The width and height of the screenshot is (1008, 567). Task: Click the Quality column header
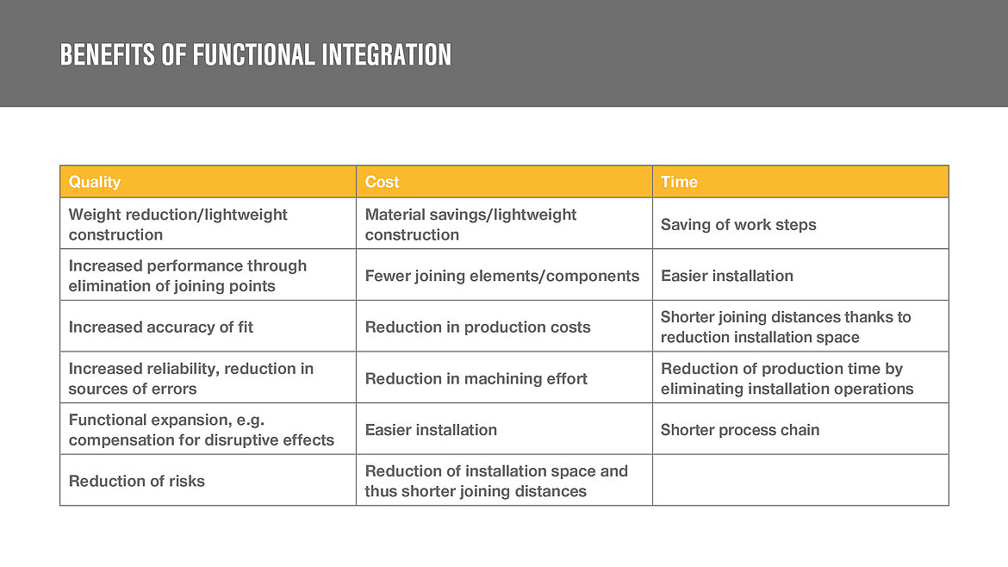[95, 182]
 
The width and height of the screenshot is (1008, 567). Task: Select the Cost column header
[382, 182]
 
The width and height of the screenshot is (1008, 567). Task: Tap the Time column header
[679, 182]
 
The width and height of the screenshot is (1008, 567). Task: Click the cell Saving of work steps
[737, 224]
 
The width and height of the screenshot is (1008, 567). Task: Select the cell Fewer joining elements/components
[501, 276]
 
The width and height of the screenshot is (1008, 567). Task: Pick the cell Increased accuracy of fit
[160, 327]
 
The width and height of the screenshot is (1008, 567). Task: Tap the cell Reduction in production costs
[477, 327]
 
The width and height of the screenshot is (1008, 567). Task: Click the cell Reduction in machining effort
[476, 378]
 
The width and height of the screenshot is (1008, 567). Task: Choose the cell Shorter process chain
[739, 429]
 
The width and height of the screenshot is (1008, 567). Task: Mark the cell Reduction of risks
[136, 481]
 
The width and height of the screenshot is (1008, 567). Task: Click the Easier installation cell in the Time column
[726, 276]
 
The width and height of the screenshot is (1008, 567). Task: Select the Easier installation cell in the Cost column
[431, 429]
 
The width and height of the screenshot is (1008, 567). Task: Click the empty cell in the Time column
[800, 480]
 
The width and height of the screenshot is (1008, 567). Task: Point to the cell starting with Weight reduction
[177, 224]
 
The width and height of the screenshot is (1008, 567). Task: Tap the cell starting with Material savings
[470, 224]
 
